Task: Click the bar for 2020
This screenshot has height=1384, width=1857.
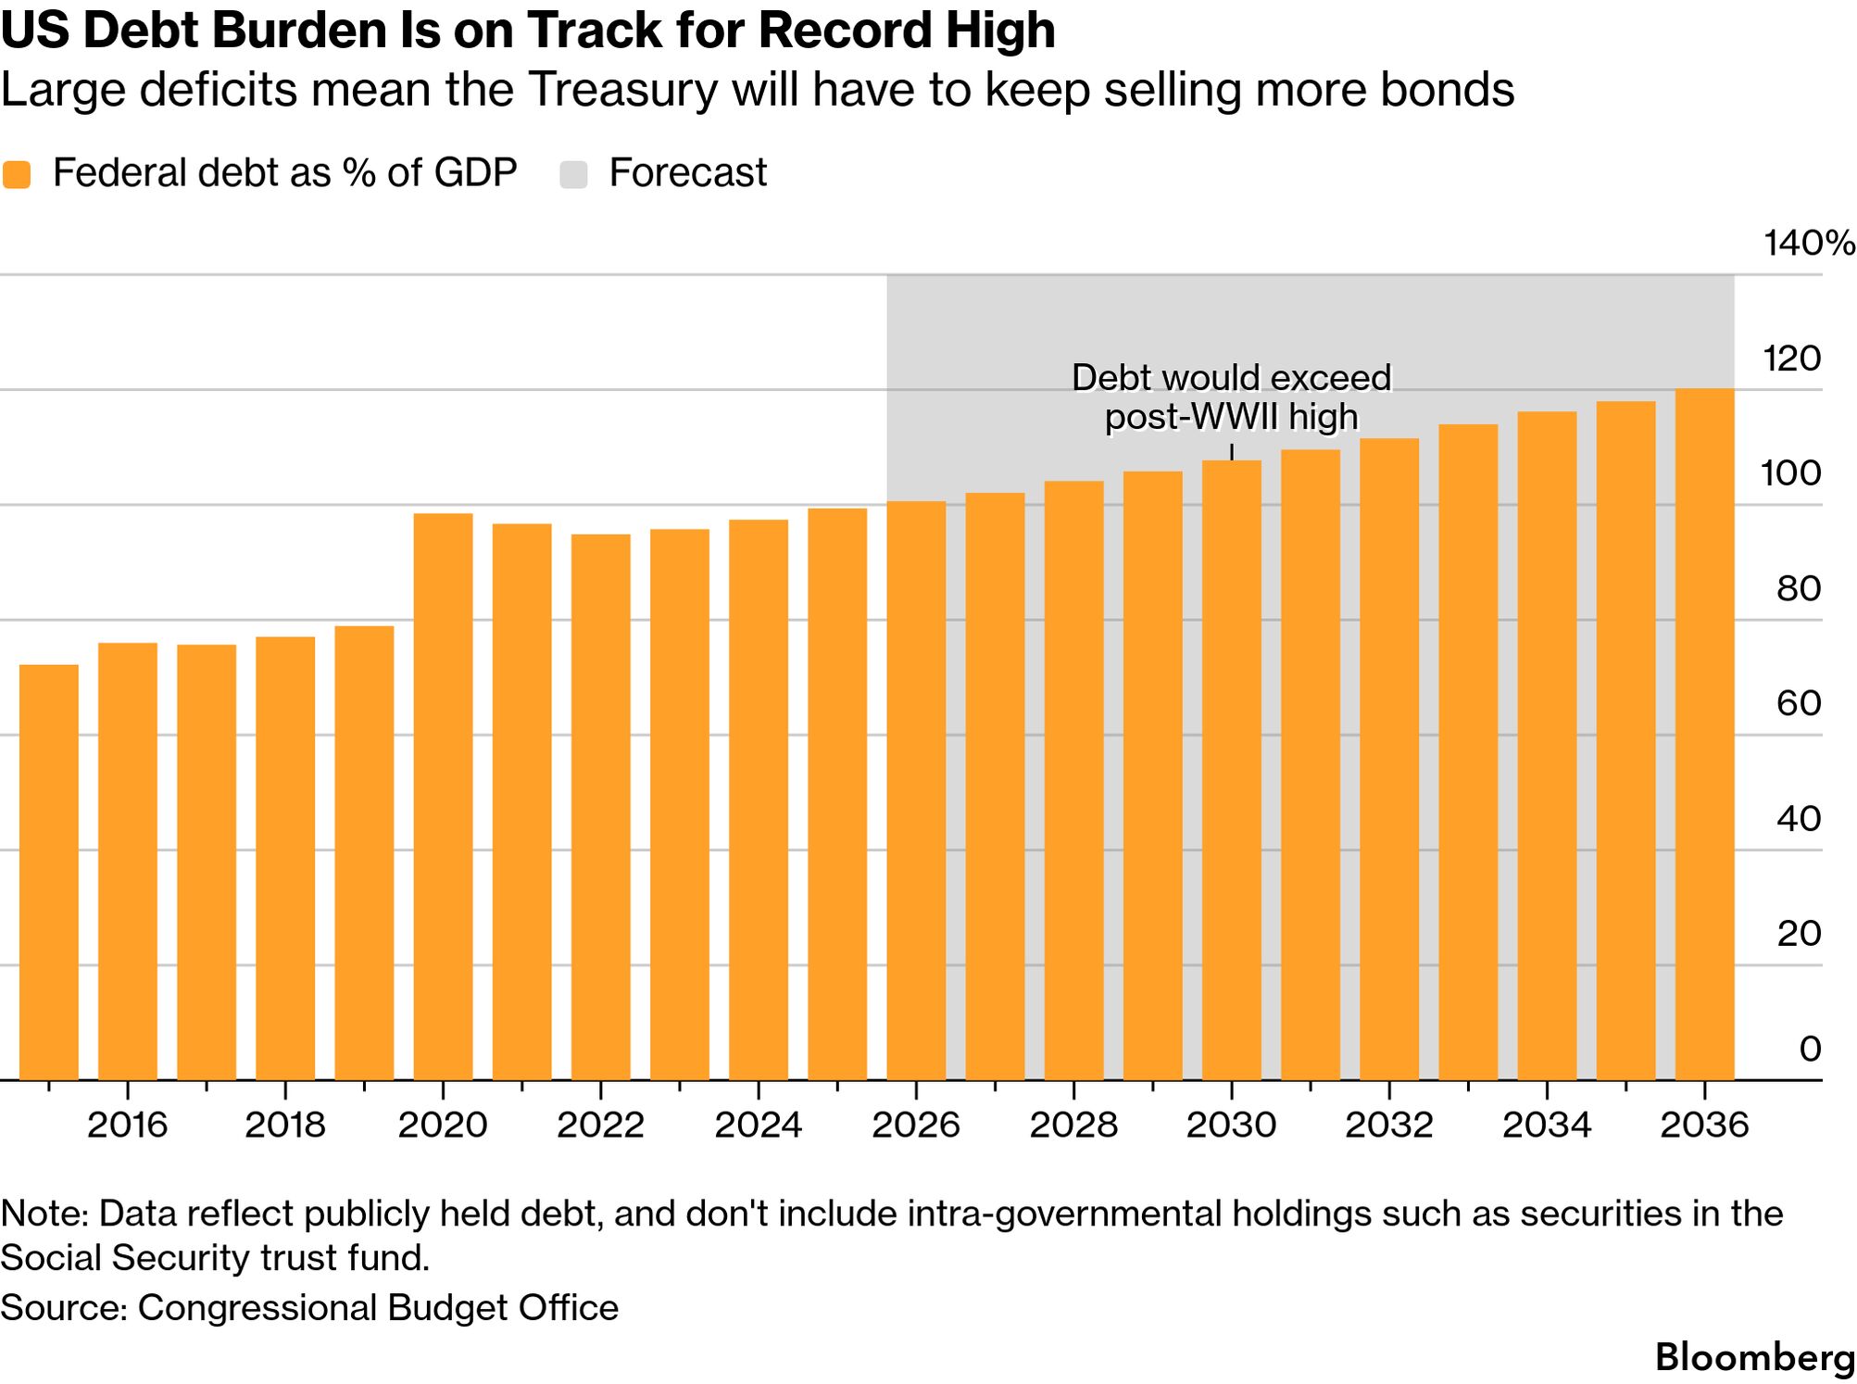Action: (443, 797)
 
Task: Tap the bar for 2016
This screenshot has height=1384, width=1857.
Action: (128, 862)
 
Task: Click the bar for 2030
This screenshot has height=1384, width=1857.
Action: (1231, 770)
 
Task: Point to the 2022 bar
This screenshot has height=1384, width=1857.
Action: (600, 807)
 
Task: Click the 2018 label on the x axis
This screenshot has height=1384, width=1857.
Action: (285, 1125)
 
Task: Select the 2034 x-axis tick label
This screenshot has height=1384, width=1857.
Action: (1547, 1125)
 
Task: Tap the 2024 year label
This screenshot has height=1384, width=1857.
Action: (758, 1125)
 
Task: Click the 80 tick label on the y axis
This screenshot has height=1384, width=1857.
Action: (1798, 588)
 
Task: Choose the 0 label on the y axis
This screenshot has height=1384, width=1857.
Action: (1810, 1049)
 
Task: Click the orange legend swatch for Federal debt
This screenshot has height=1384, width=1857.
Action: (17, 174)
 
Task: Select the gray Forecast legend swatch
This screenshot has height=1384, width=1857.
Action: (574, 174)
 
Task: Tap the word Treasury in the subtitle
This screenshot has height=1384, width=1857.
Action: (625, 90)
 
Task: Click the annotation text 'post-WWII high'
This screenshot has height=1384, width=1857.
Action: (1231, 417)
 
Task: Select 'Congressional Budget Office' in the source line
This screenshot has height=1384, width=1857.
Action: (378, 1307)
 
